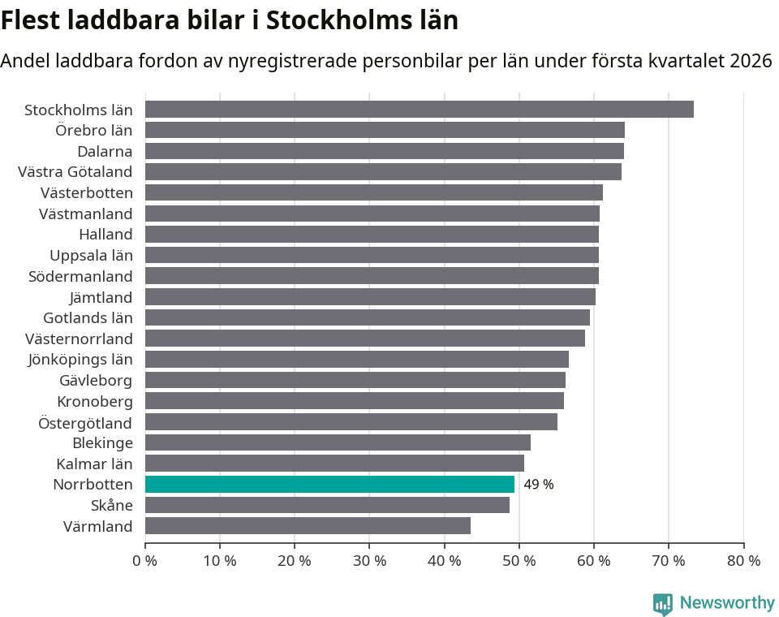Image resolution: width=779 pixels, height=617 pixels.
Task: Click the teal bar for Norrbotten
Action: (329, 485)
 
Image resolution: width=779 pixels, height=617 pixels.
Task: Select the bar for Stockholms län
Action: (419, 110)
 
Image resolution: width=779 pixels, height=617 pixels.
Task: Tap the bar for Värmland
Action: (308, 526)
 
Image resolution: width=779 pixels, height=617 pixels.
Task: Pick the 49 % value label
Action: (539, 485)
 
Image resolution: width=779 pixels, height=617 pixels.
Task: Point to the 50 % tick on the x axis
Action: (519, 561)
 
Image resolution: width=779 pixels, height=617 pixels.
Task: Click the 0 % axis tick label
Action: (144, 561)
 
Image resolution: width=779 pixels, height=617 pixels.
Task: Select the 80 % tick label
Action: (743, 561)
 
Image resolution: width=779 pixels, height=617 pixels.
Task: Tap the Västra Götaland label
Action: (75, 171)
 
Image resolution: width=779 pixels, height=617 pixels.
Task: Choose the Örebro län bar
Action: (385, 130)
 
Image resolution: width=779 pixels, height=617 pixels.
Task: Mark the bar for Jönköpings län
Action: (357, 359)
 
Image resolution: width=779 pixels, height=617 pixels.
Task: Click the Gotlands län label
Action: (88, 317)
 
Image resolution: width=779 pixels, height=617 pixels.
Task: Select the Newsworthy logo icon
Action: (663, 604)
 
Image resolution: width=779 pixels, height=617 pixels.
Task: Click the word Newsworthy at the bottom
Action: (727, 603)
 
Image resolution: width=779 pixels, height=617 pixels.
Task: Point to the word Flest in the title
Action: (30, 19)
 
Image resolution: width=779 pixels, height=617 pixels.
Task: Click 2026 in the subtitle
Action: (751, 61)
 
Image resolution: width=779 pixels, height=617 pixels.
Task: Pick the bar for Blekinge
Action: (338, 442)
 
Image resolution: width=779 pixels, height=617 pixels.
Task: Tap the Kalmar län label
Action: (94, 464)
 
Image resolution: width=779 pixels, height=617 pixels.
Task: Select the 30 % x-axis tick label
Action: (369, 561)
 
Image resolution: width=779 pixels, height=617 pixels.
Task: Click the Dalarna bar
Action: (385, 151)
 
